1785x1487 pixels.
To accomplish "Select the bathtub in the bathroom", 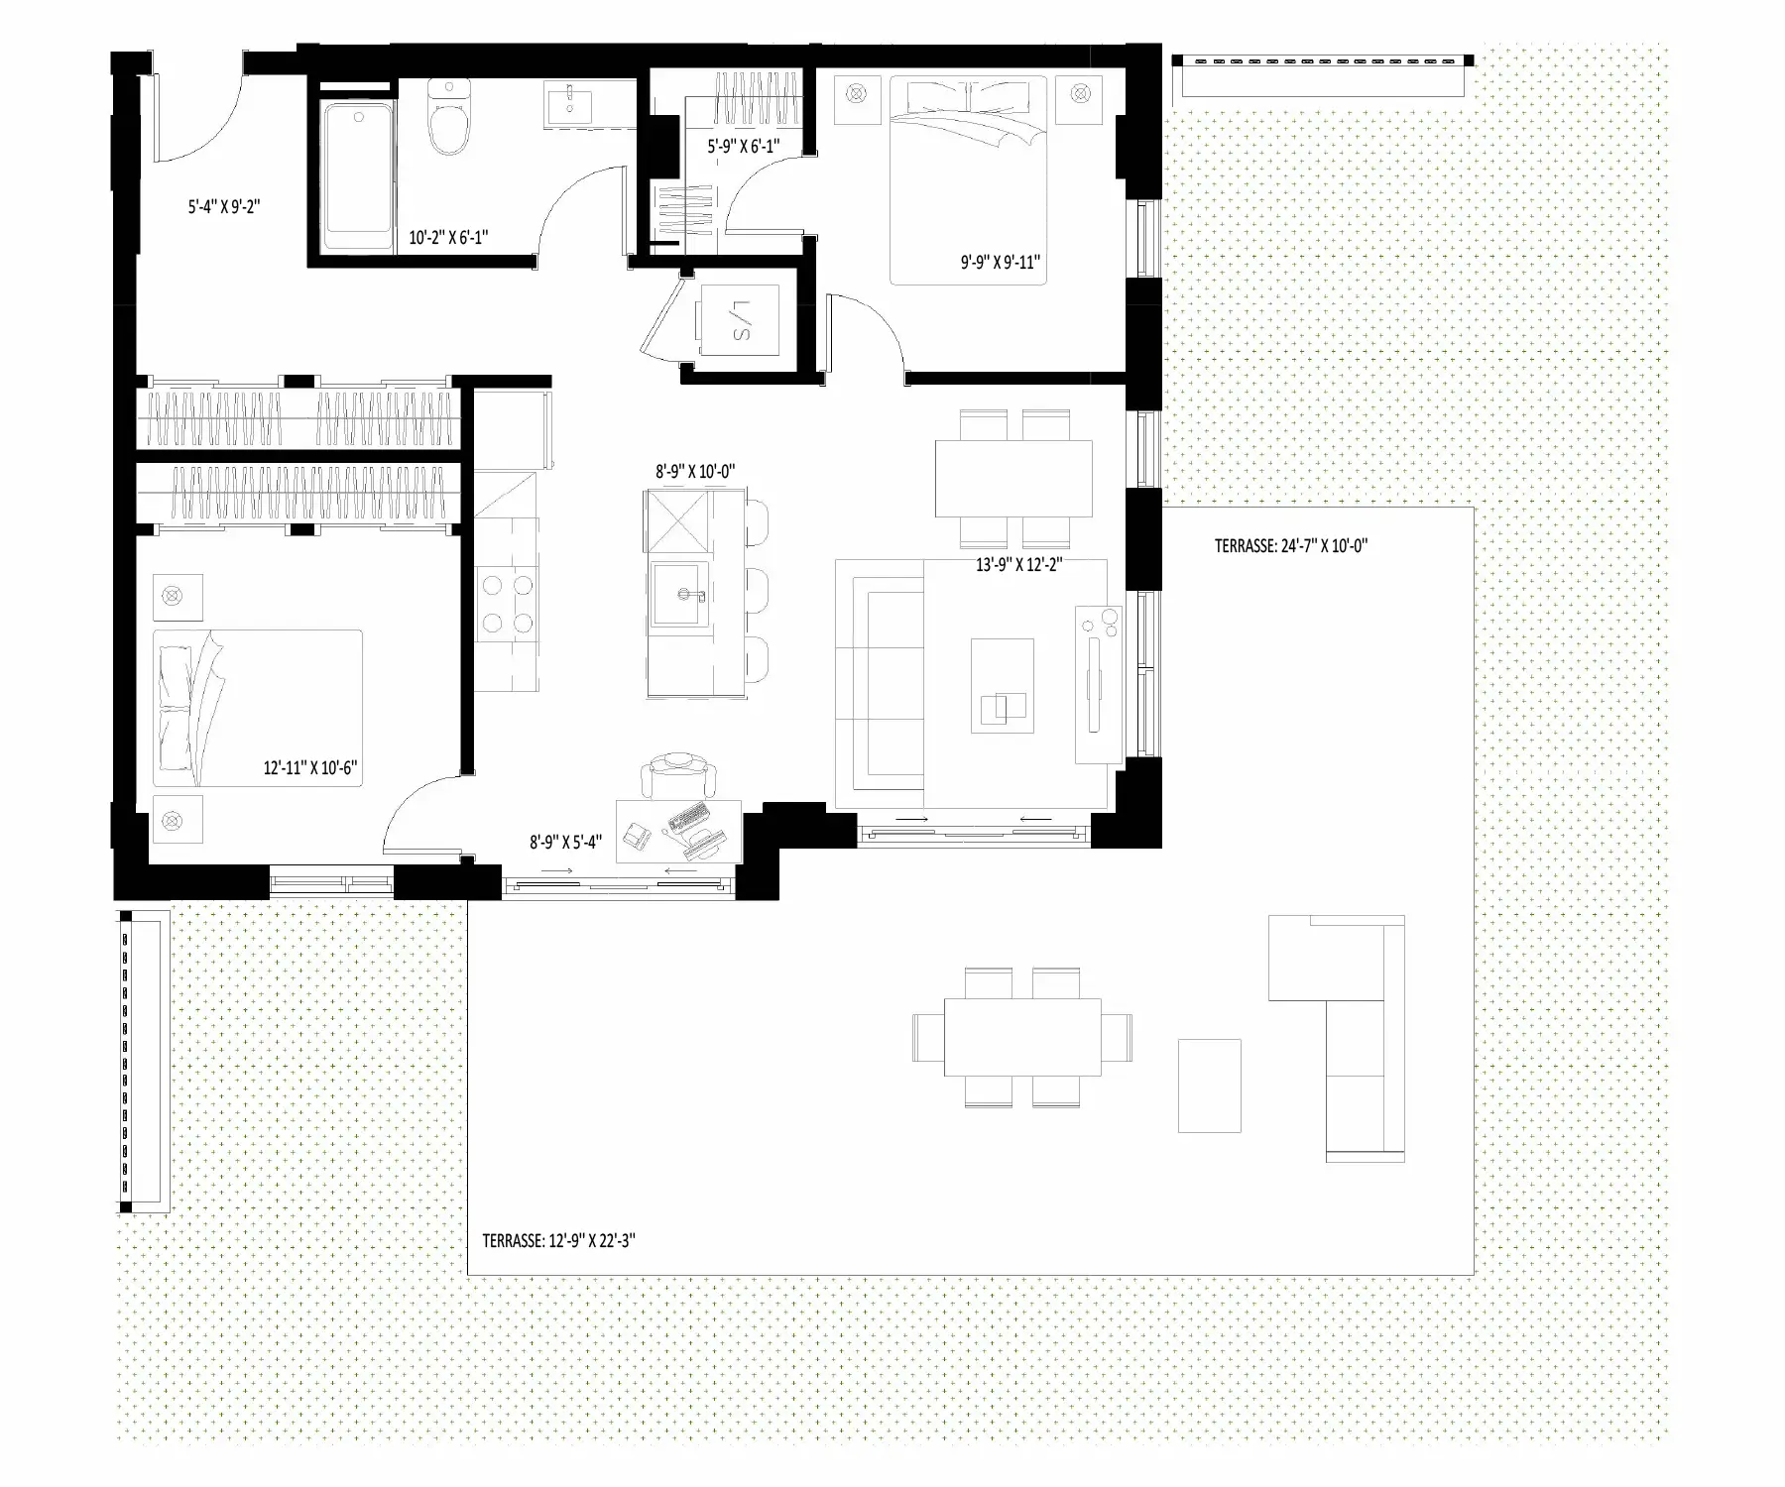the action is (357, 175).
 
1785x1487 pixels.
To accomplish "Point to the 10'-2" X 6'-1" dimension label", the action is (448, 238).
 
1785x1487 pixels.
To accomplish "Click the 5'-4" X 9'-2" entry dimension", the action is (224, 207).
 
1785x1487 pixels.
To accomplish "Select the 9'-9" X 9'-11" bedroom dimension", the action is (1000, 263).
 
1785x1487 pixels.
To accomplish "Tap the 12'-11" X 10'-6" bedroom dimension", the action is (309, 767).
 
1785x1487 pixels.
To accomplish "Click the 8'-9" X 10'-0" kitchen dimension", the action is (695, 472).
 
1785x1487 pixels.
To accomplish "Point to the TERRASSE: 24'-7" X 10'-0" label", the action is (1291, 545).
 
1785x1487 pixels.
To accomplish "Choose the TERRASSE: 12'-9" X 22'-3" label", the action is (558, 1240).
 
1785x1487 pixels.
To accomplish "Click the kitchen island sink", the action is (682, 596).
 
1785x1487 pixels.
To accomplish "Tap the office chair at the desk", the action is (677, 776).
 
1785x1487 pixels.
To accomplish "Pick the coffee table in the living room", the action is (1003, 685).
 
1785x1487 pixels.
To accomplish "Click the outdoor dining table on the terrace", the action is (1022, 1037).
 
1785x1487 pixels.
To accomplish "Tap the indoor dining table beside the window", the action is (1013, 478).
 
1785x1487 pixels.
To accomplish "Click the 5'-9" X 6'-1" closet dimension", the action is (743, 146).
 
